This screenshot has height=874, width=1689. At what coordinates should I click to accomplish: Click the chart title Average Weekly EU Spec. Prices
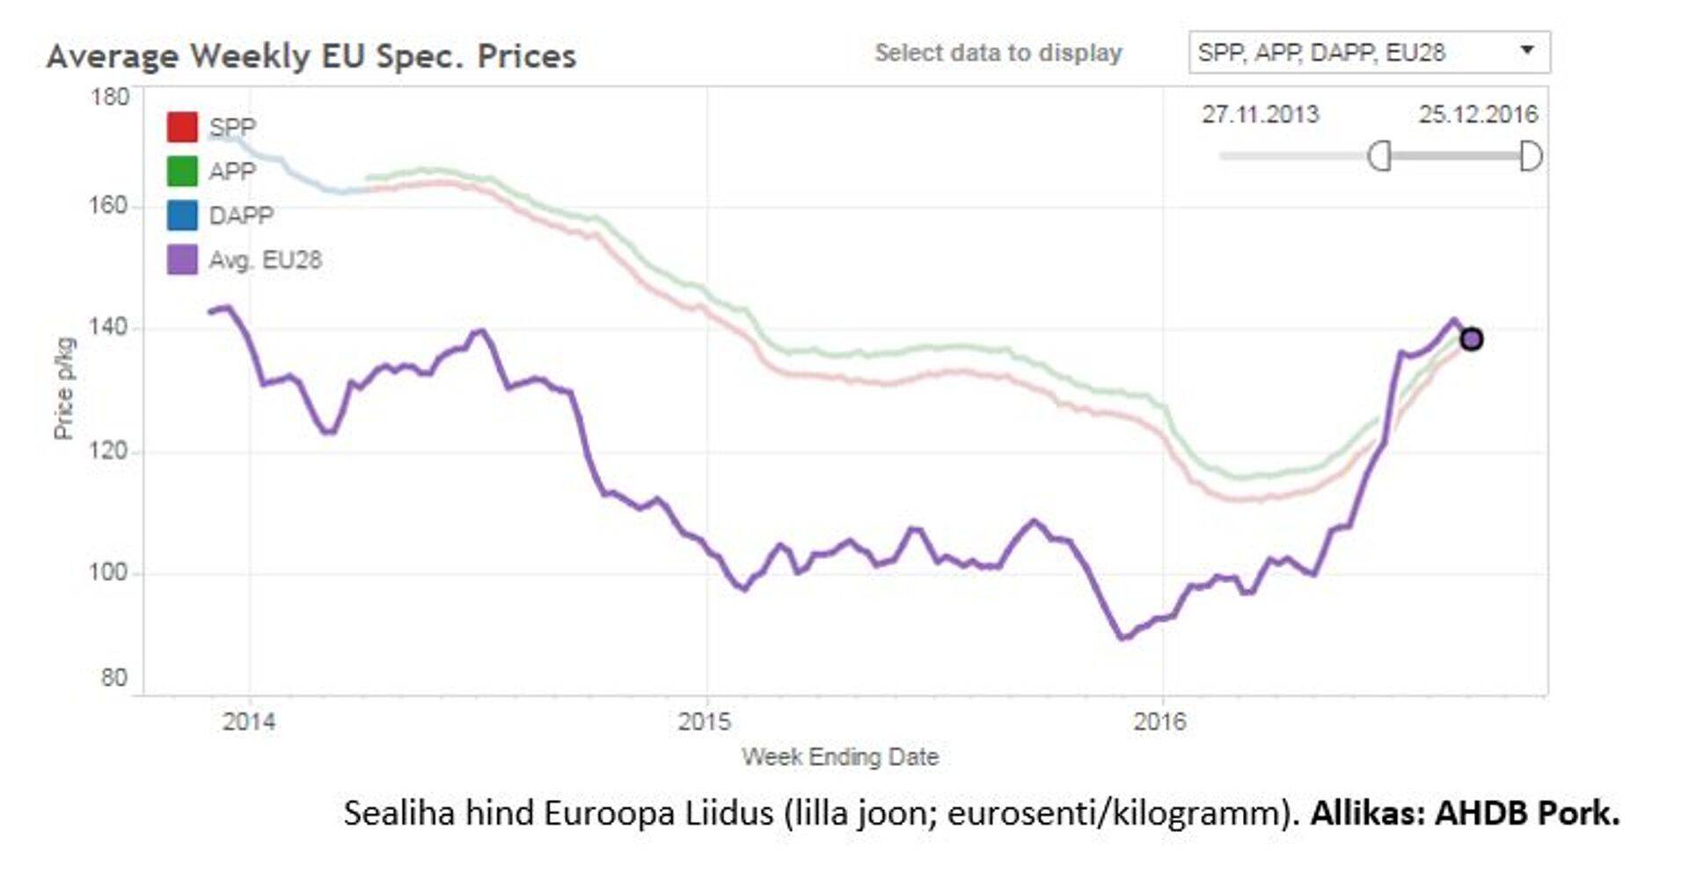point(311,56)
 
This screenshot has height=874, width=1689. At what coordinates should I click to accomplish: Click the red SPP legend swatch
point(182,127)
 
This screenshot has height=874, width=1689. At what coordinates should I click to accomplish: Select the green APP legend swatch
point(182,171)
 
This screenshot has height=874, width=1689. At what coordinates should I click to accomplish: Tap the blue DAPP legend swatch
point(182,215)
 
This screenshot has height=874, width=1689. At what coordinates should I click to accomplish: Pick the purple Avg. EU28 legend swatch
point(182,260)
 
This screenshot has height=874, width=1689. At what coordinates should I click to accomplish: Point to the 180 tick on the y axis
point(110,97)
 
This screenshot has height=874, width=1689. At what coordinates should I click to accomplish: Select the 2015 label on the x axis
point(705,722)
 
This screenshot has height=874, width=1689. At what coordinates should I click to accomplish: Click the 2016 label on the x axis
point(1160,722)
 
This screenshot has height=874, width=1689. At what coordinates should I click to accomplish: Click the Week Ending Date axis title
point(840,757)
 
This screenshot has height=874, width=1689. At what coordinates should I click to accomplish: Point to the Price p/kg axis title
point(64,388)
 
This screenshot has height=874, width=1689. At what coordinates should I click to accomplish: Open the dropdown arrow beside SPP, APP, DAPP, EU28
point(1528,51)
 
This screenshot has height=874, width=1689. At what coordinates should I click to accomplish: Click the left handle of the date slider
point(1379,157)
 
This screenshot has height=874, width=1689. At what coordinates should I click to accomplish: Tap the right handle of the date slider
point(1531,157)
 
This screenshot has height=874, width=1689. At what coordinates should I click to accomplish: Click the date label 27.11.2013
point(1261,114)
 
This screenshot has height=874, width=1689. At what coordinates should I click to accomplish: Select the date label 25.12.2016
point(1478,114)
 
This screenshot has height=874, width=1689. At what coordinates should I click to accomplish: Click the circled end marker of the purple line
point(1472,339)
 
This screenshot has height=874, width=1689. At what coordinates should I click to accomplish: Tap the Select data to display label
point(998,53)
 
